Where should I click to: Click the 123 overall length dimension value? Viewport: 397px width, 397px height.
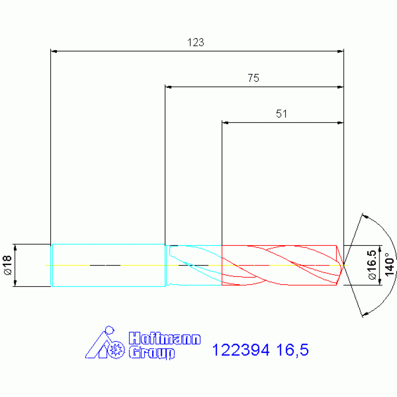pyautogui.click(x=196, y=42)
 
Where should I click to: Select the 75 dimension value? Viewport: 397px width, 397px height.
pyautogui.click(x=253, y=78)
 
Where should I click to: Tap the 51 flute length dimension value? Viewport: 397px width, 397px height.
pyautogui.click(x=281, y=114)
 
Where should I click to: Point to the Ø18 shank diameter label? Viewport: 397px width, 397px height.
pyautogui.click(x=8, y=265)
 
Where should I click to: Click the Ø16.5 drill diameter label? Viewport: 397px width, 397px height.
pyautogui.click(x=373, y=265)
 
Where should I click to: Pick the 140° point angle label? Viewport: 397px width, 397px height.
pyautogui.click(x=390, y=264)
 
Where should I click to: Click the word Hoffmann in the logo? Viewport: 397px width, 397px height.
pyautogui.click(x=165, y=339)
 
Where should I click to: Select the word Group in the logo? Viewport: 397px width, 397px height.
pyautogui.click(x=152, y=353)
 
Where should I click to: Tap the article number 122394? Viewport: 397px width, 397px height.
pyautogui.click(x=241, y=350)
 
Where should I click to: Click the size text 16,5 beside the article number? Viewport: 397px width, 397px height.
pyautogui.click(x=292, y=350)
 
